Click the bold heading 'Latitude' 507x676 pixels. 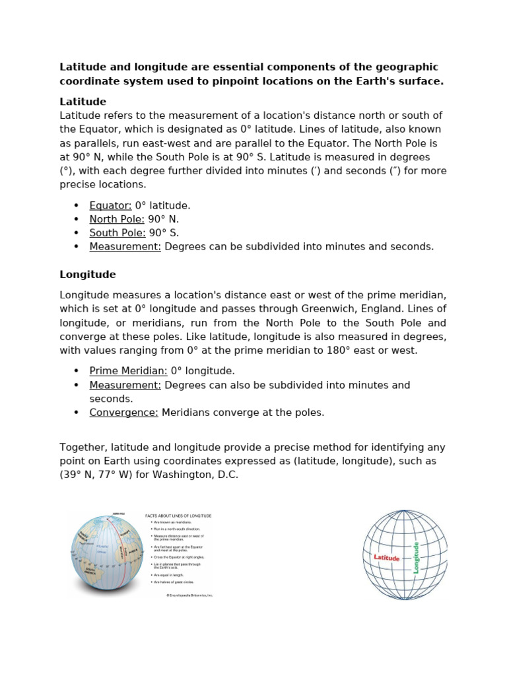(83, 102)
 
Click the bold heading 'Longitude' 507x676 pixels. (87, 274)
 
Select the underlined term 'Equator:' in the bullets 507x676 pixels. (110, 205)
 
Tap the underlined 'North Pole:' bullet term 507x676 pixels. (117, 219)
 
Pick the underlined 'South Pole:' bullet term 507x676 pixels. (118, 233)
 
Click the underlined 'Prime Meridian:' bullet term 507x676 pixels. (128, 371)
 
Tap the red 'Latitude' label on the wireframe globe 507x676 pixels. (387, 558)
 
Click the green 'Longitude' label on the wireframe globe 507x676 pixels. (416, 557)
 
